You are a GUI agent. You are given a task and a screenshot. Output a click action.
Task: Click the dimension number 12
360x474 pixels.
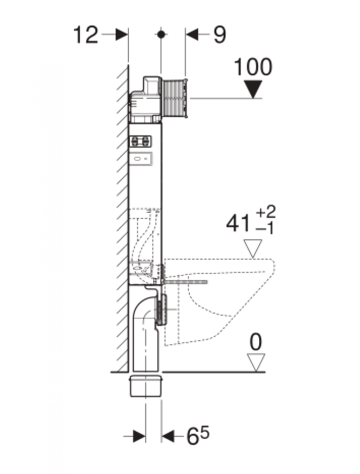(86, 35)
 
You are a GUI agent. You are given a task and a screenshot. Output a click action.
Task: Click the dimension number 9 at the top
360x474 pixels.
(219, 35)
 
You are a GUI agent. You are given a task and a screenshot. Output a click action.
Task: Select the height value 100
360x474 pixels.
(253, 67)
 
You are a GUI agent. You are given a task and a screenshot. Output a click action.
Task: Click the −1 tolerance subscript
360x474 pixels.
(265, 229)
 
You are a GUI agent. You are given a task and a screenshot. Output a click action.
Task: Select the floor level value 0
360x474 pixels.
(256, 342)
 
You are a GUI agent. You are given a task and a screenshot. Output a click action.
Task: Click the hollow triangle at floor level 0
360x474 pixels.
(256, 363)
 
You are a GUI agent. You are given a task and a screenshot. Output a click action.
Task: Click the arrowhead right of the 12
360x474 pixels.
(122, 35)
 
